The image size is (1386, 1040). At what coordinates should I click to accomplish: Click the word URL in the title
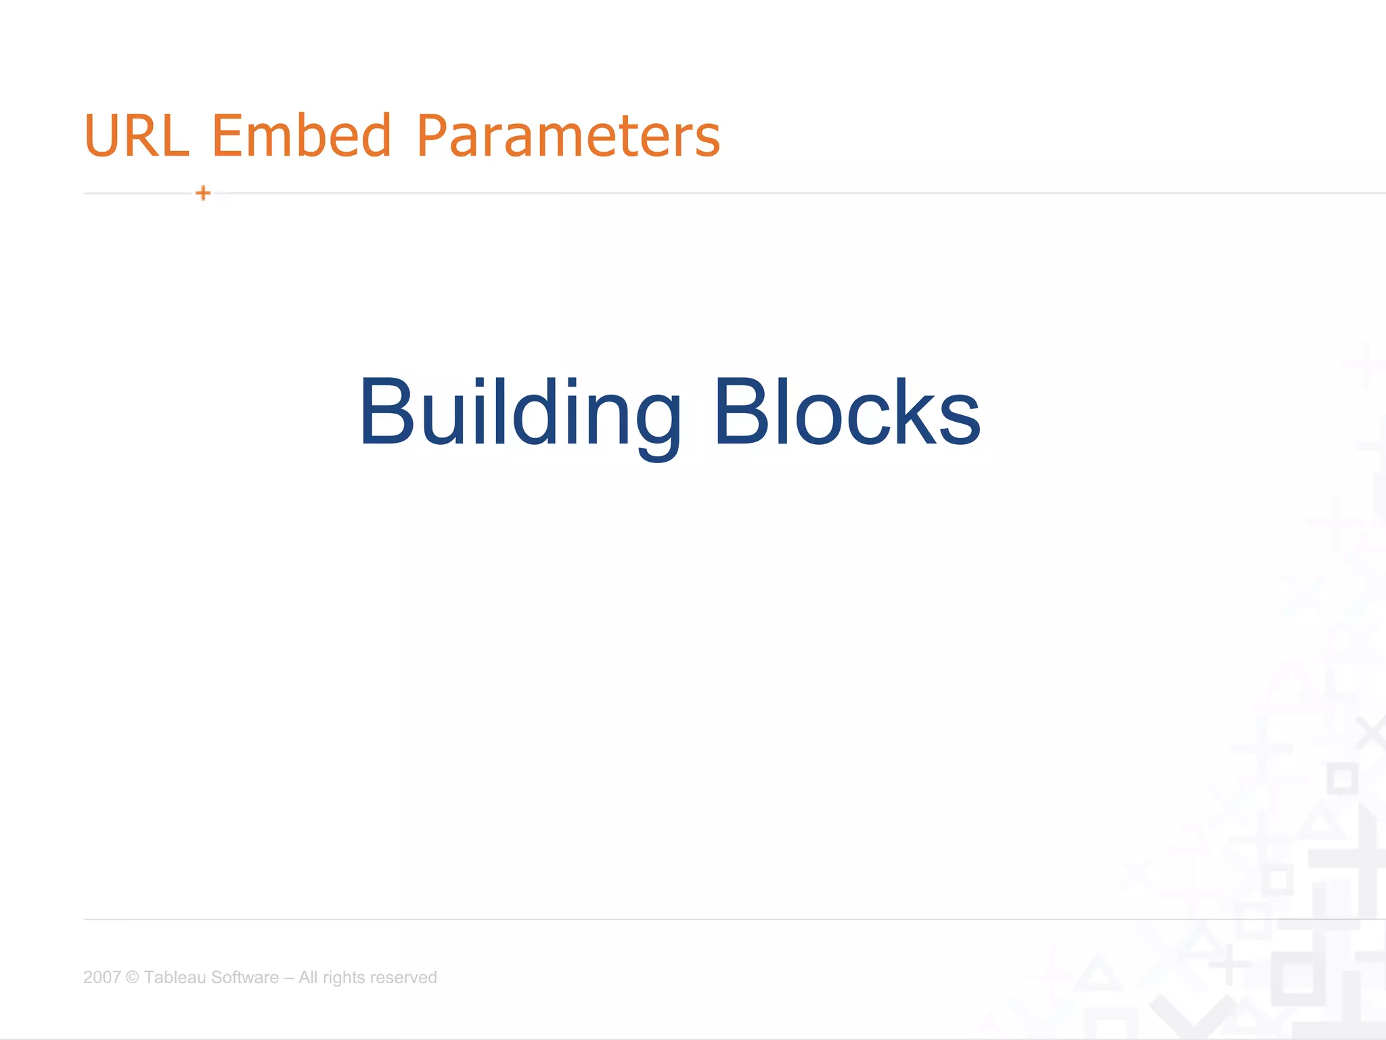point(136,135)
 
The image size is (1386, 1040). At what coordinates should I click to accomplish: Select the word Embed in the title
point(302,135)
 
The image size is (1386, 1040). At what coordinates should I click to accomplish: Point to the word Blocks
point(847,413)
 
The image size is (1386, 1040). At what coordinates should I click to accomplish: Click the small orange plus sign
point(203,193)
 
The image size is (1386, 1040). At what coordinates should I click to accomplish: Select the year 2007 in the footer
point(102,977)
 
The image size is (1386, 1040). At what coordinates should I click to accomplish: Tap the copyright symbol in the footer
point(133,977)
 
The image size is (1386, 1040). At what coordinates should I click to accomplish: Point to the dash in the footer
point(289,977)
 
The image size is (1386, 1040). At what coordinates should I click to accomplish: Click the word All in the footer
point(308,977)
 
